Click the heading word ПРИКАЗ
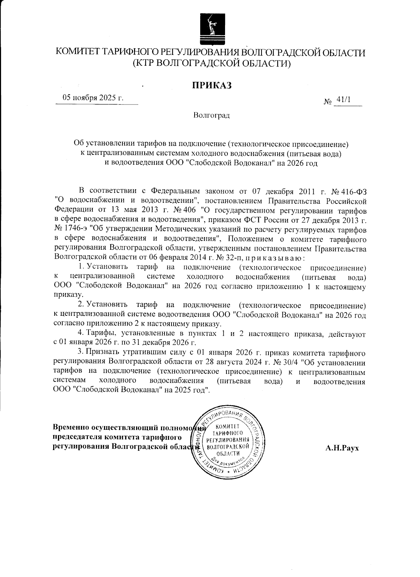point(211,85)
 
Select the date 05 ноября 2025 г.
point(93,98)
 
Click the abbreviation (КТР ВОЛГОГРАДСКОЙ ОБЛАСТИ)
point(211,63)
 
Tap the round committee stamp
point(228,443)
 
